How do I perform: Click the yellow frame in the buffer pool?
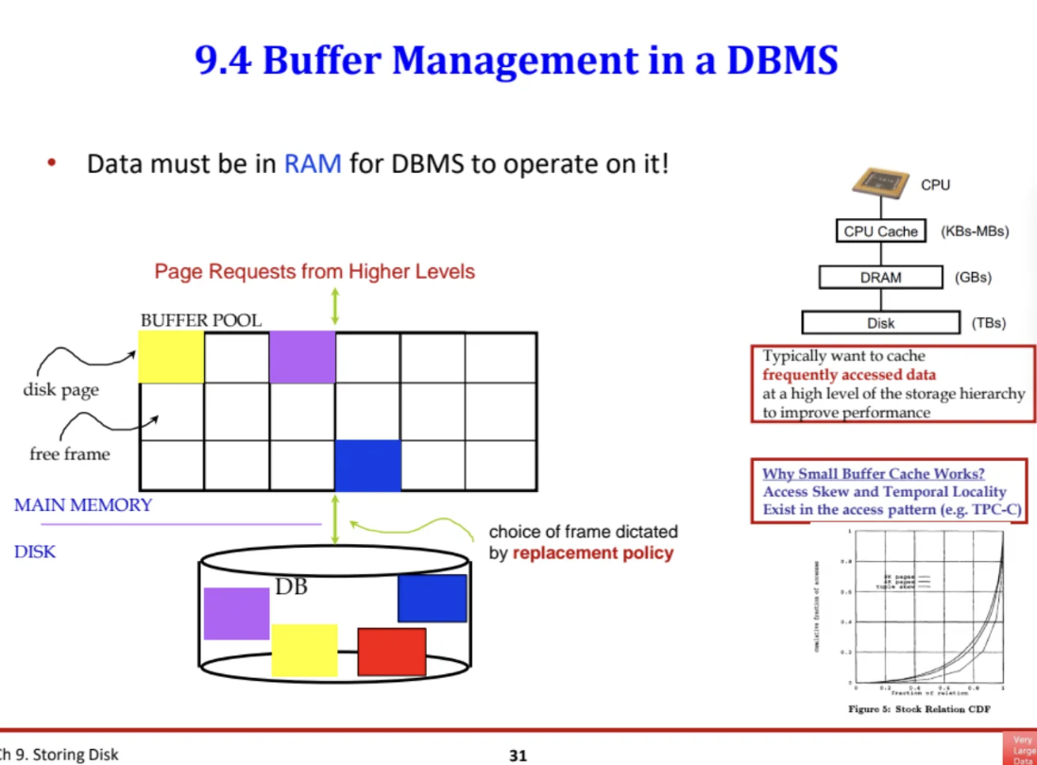pyautogui.click(x=172, y=357)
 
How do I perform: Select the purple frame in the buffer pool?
pyautogui.click(x=302, y=357)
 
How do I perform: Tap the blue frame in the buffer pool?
pyautogui.click(x=368, y=466)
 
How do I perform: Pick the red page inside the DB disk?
pyautogui.click(x=391, y=652)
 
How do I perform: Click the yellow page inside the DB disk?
pyautogui.click(x=304, y=650)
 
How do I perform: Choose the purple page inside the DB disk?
pyautogui.click(x=236, y=613)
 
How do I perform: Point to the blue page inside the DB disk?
pyautogui.click(x=433, y=598)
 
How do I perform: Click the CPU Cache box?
pyautogui.click(x=880, y=231)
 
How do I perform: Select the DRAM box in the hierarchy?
pyautogui.click(x=880, y=278)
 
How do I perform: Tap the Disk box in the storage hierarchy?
pyautogui.click(x=880, y=323)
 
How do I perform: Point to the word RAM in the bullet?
pyautogui.click(x=313, y=163)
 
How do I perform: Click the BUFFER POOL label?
pyautogui.click(x=201, y=320)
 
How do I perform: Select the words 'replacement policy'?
pyautogui.click(x=593, y=553)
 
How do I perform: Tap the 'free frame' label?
pyautogui.click(x=70, y=454)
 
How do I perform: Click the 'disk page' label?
pyautogui.click(x=61, y=390)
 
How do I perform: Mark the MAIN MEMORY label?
pyautogui.click(x=83, y=505)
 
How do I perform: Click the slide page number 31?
pyautogui.click(x=518, y=755)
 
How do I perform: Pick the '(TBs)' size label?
pyautogui.click(x=988, y=323)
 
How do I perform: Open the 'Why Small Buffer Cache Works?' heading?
pyautogui.click(x=880, y=474)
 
